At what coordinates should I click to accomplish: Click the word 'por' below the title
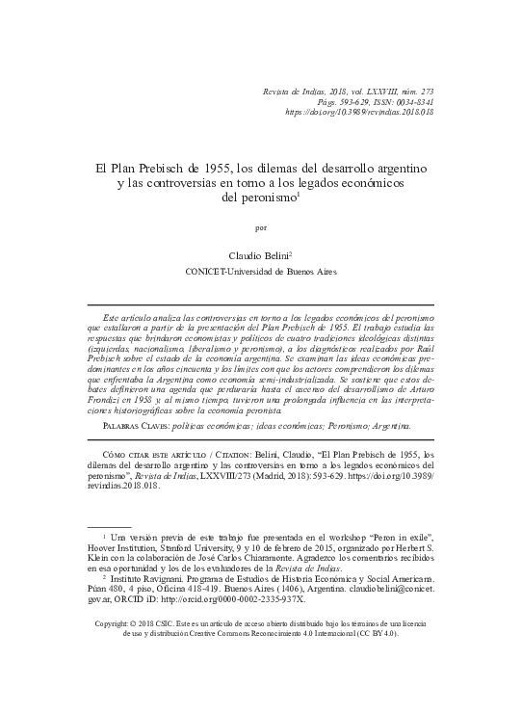tap(261, 229)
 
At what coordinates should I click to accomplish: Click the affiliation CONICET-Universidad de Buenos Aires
tap(261, 273)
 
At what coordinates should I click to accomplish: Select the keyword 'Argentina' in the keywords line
tap(385, 425)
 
